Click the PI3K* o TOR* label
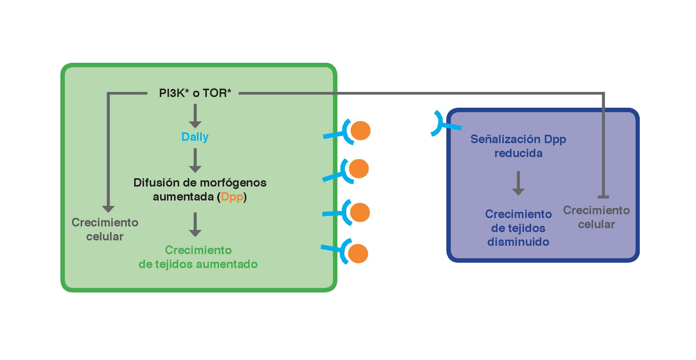pyautogui.click(x=195, y=93)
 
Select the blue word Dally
pyautogui.click(x=195, y=137)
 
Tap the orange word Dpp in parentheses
pyautogui.click(x=232, y=197)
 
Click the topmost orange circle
pyautogui.click(x=360, y=131)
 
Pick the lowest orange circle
pyautogui.click(x=358, y=253)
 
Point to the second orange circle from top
pyautogui.click(x=359, y=169)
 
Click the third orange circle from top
pyautogui.click(x=360, y=212)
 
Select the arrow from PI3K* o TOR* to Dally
pyautogui.click(x=195, y=116)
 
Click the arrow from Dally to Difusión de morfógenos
pyautogui.click(x=195, y=160)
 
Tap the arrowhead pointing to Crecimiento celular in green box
pyautogui.click(x=108, y=209)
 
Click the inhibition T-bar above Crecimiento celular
pyautogui.click(x=603, y=197)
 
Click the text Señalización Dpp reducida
pyautogui.click(x=518, y=146)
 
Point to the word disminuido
pyautogui.click(x=518, y=242)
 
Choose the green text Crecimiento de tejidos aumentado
pyautogui.click(x=198, y=257)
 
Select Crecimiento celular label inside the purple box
pyautogui.click(x=596, y=217)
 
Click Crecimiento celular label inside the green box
pyautogui.click(x=105, y=229)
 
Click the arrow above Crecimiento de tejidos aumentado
pyautogui.click(x=195, y=224)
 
